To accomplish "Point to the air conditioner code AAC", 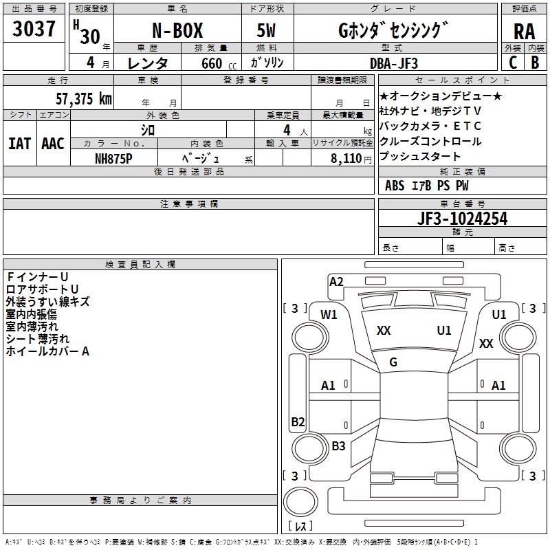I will pos(52,144).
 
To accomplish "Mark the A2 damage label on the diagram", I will pos(336,281).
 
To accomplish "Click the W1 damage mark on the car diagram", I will pos(329,315).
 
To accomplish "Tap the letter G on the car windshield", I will pos(393,362).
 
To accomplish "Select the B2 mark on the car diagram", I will pos(298,421).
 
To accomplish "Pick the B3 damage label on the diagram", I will pos(338,445).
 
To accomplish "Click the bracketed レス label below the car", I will pos(299,527).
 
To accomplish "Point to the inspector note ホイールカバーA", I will pos(47,351).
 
